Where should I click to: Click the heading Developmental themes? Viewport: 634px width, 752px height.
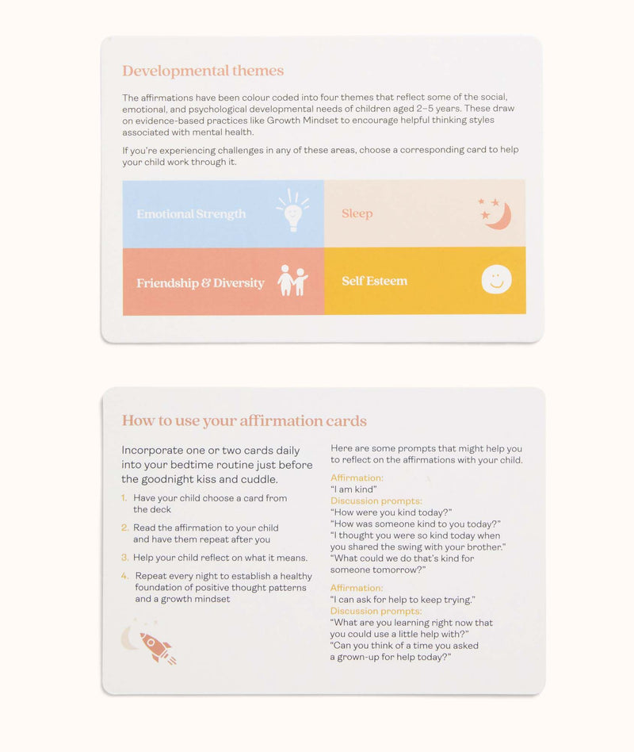point(202,71)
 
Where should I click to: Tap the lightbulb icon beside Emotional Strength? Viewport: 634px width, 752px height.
point(292,211)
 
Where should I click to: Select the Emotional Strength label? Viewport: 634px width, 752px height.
point(191,214)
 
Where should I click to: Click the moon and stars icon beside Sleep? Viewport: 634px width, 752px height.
point(495,213)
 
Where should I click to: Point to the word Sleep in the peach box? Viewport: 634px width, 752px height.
point(357,213)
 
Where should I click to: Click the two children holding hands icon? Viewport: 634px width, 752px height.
point(292,281)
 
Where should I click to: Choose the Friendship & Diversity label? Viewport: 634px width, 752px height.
point(200,283)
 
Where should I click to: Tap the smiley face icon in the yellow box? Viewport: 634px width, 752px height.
point(496,279)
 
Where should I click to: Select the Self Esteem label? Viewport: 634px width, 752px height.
point(374,281)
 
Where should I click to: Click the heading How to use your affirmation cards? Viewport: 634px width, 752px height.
point(244,420)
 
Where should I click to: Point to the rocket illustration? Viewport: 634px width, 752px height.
point(158,647)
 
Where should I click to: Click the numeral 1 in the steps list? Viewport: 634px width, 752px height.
point(124,498)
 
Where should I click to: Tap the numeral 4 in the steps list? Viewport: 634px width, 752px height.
point(124,576)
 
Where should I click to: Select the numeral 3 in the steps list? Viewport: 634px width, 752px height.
point(124,558)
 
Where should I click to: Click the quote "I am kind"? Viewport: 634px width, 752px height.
point(353,489)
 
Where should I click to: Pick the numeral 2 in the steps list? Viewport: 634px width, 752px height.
point(124,528)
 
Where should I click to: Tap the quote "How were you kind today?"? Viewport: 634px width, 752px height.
point(391,512)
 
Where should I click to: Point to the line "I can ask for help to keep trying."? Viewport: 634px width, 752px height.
point(403,600)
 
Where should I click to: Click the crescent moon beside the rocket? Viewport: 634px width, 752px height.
point(129,637)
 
